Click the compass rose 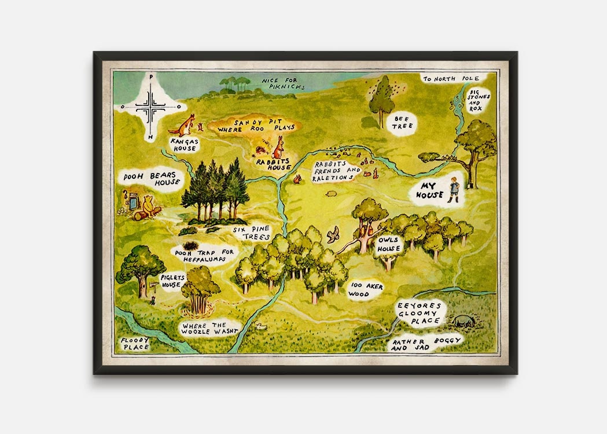pyautogui.click(x=150, y=106)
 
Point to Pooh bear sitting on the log pyautogui.click(x=149, y=206)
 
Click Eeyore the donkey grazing pyautogui.click(x=464, y=321)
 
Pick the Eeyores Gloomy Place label pyautogui.click(x=419, y=313)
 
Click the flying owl pyautogui.click(x=333, y=234)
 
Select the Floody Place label pyautogui.click(x=135, y=344)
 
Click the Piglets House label pyautogui.click(x=172, y=281)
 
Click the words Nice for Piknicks pyautogui.click(x=283, y=83)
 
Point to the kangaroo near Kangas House pyautogui.click(x=187, y=124)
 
